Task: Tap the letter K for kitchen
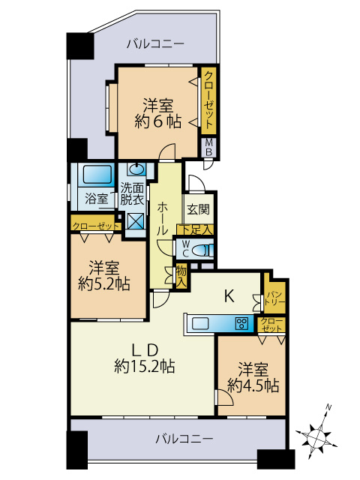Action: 229,295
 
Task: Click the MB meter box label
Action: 209,147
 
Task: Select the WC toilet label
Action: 184,247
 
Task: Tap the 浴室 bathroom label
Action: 96,199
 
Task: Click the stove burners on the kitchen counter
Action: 242,324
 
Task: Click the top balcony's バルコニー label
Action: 154,44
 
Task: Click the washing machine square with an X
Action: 136,221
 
